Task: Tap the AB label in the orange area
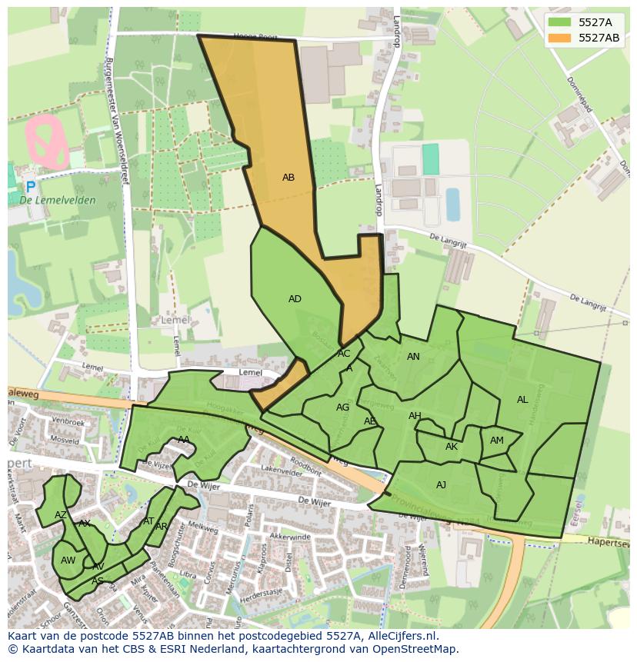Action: [x=288, y=178]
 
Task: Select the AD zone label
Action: [x=295, y=299]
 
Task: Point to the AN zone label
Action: [x=413, y=357]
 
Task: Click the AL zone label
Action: [x=522, y=400]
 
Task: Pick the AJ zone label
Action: [x=441, y=485]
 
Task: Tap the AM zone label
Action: [x=497, y=441]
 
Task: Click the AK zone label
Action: [x=452, y=447]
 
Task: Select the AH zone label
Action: [x=415, y=416]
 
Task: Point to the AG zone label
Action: [x=343, y=408]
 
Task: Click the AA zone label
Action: [x=184, y=440]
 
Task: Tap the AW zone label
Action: [x=68, y=561]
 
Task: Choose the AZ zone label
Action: [x=60, y=515]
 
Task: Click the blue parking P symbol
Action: [x=30, y=187]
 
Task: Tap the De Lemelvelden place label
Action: [x=58, y=201]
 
